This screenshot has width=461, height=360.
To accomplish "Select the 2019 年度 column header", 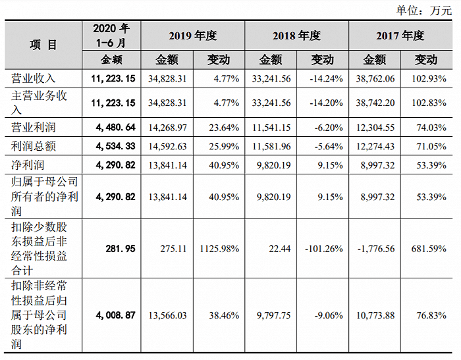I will click(x=192, y=36).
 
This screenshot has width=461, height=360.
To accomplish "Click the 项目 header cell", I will click(x=43, y=45).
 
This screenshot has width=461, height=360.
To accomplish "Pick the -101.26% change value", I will click(x=322, y=248).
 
